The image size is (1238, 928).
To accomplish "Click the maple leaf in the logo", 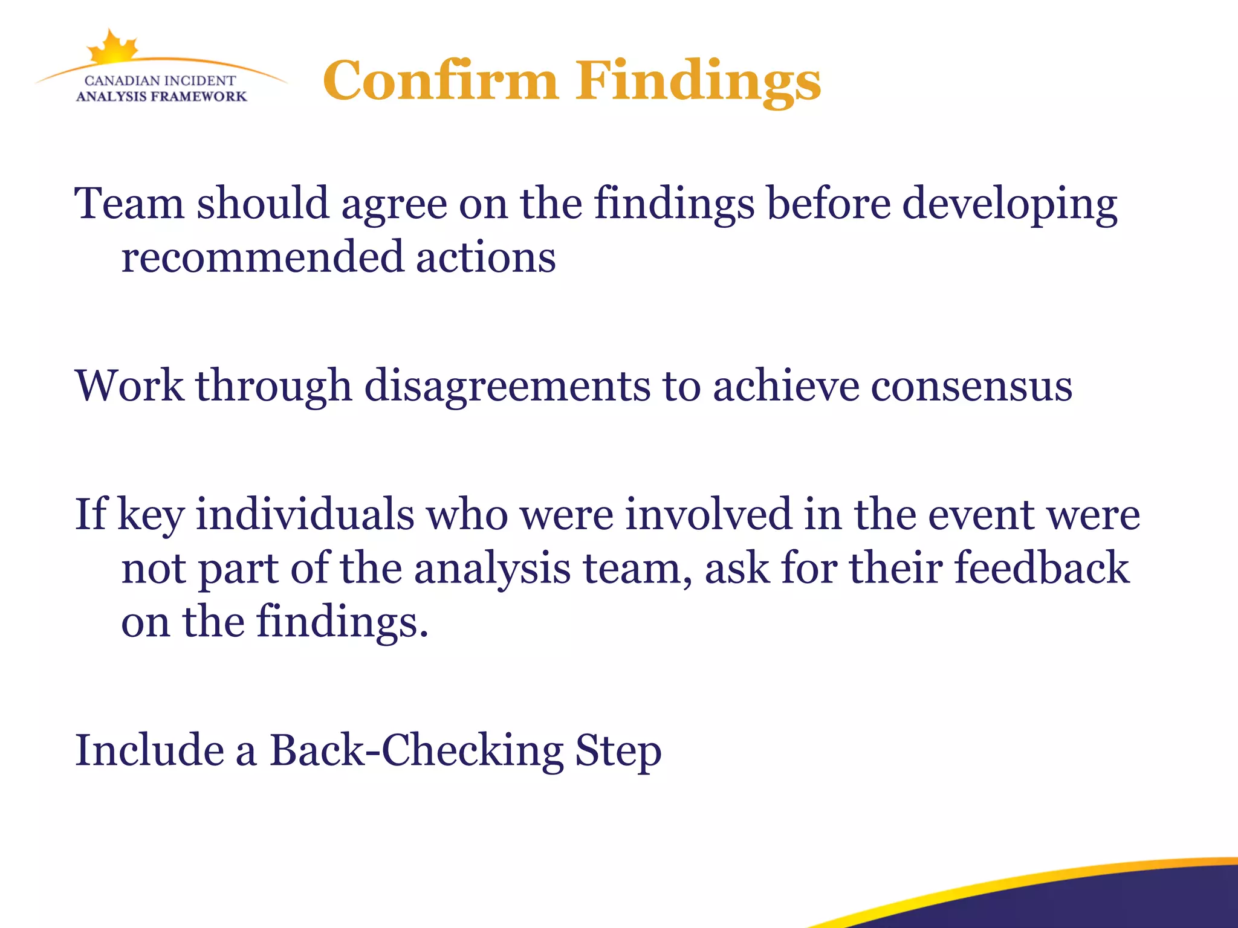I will pyautogui.click(x=112, y=47).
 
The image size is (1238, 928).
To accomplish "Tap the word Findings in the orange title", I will pyautogui.click(x=698, y=82).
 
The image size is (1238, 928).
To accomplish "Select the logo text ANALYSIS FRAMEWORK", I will pyautogui.click(x=161, y=97).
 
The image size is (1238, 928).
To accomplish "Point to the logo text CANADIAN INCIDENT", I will pyautogui.click(x=160, y=80).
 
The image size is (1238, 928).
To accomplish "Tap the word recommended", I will pyautogui.click(x=262, y=257).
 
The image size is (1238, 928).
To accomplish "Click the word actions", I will pyautogui.click(x=485, y=257).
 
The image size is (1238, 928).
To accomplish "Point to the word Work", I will pyautogui.click(x=129, y=385).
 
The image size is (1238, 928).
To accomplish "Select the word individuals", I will pyautogui.click(x=305, y=514).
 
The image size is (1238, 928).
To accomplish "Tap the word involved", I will pyautogui.click(x=708, y=514).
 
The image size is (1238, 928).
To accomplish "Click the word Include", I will pyautogui.click(x=149, y=750).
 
